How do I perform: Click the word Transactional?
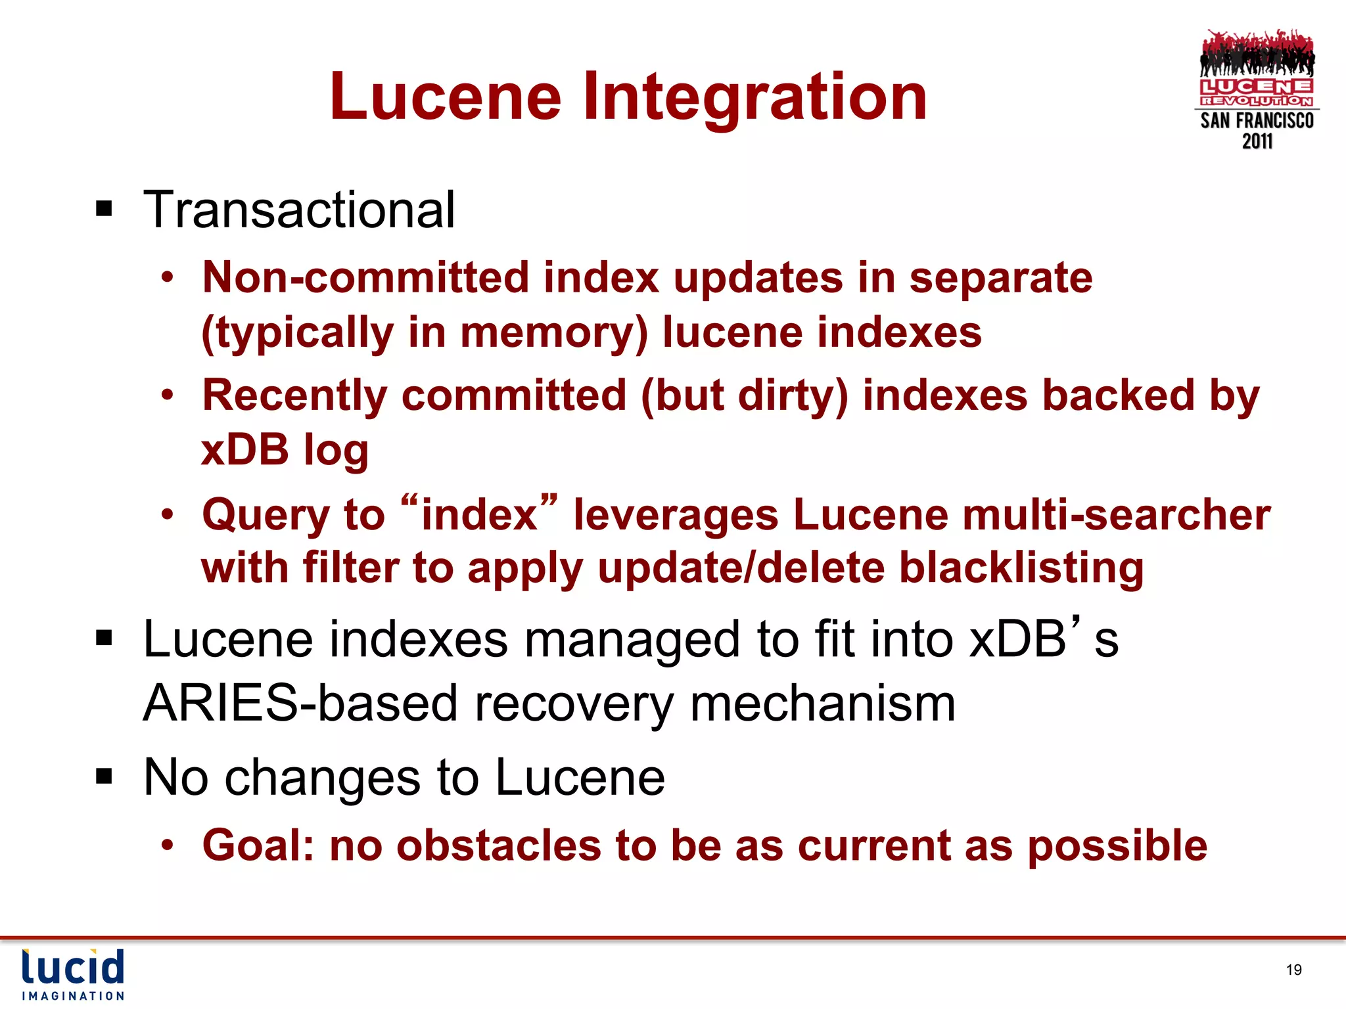pos(299,210)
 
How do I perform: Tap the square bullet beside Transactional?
pos(104,210)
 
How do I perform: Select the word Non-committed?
pos(365,277)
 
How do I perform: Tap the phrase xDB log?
pos(285,450)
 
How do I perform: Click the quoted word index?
pos(479,514)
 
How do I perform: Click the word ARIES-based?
pos(299,704)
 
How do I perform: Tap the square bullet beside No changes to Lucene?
pos(104,777)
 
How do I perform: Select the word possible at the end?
pos(1117,845)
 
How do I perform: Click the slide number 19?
pos(1293,970)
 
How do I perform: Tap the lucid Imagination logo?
pos(73,974)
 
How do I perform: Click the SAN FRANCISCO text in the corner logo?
pos(1257,121)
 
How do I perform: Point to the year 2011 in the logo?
pos(1257,141)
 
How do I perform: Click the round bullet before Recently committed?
pos(168,395)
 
